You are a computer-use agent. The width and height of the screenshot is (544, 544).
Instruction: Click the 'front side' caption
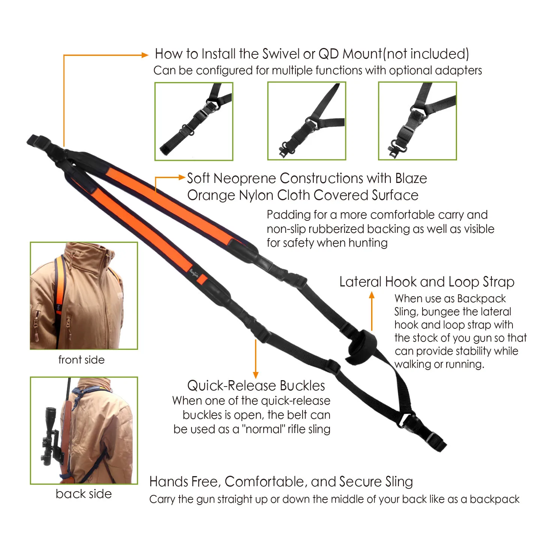(81, 360)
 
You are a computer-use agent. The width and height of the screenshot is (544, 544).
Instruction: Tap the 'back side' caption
(84, 494)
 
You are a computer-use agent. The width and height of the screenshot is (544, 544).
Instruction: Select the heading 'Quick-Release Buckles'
(256, 386)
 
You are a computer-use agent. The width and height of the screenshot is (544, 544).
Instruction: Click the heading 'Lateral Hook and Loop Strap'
(427, 282)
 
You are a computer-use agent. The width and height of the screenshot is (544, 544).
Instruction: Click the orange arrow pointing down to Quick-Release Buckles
(256, 359)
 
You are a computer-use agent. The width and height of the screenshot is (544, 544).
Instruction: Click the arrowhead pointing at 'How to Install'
(145, 55)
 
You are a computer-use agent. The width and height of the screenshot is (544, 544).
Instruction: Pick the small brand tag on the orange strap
(194, 273)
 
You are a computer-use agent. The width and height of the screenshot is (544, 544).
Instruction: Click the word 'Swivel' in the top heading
(281, 54)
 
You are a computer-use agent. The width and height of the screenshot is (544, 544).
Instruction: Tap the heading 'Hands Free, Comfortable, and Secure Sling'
(281, 482)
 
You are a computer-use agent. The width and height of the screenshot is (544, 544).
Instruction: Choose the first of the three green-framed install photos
(194, 121)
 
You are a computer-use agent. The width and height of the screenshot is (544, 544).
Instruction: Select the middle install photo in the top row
(307, 121)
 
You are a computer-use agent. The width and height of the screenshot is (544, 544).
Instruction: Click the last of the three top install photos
(418, 121)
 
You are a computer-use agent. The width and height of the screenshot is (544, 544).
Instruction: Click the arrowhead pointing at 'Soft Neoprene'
(182, 177)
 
